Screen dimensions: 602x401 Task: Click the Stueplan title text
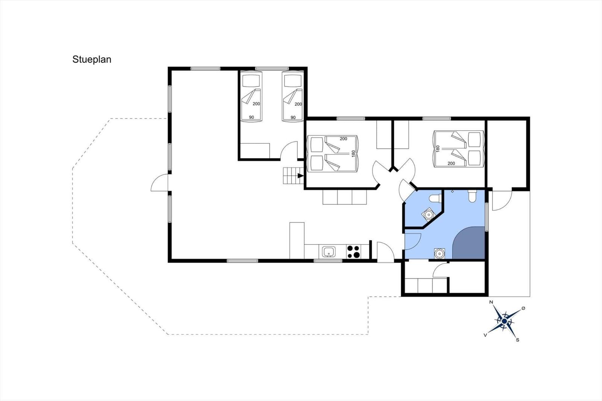click(92, 60)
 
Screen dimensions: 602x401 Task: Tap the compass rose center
click(504, 321)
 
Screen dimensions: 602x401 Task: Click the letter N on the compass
click(491, 302)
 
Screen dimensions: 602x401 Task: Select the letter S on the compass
click(518, 340)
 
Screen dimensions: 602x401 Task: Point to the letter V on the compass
click(485, 335)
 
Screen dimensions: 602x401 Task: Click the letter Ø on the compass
click(523, 308)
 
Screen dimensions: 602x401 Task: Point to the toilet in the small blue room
click(434, 198)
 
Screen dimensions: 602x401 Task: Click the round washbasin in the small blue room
click(429, 214)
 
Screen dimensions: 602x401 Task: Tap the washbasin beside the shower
click(439, 254)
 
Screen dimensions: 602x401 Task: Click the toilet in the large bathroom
click(473, 196)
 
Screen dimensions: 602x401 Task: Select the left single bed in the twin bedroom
click(251, 96)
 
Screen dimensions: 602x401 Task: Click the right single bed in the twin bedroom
click(293, 96)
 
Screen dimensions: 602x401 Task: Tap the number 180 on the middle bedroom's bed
click(353, 153)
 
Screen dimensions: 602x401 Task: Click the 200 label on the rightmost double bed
click(451, 163)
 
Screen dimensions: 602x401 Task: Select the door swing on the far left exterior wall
click(160, 182)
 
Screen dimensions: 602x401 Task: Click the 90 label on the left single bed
click(251, 117)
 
